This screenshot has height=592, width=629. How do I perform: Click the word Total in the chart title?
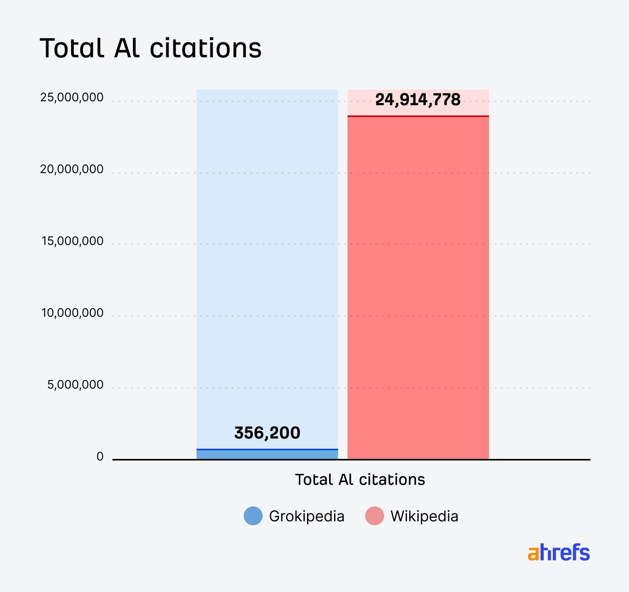(72, 49)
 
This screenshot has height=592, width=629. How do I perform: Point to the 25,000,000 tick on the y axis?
(72, 97)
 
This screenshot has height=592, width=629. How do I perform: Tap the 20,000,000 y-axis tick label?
(72, 169)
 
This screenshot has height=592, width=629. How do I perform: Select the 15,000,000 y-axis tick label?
(72, 241)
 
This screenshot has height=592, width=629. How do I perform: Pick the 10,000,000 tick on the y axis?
(72, 313)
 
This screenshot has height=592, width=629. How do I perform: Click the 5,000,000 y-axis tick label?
(75, 385)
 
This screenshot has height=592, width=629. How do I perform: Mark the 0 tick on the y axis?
(100, 457)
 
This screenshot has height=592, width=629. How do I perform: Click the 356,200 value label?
(267, 433)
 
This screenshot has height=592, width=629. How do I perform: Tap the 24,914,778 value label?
(418, 100)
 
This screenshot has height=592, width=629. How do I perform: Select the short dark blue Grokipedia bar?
(267, 455)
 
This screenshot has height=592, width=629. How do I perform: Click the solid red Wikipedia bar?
(418, 287)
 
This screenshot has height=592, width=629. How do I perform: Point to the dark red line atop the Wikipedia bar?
(418, 116)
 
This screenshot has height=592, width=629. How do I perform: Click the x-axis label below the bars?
(360, 480)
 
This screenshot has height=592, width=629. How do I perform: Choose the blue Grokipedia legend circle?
(253, 516)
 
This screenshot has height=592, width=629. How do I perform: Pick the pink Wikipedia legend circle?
(374, 516)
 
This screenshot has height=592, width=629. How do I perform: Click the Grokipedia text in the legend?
(307, 516)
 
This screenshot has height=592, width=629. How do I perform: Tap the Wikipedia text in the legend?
(424, 516)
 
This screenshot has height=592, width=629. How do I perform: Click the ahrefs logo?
(559, 552)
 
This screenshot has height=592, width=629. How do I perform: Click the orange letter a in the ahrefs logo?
(533, 554)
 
